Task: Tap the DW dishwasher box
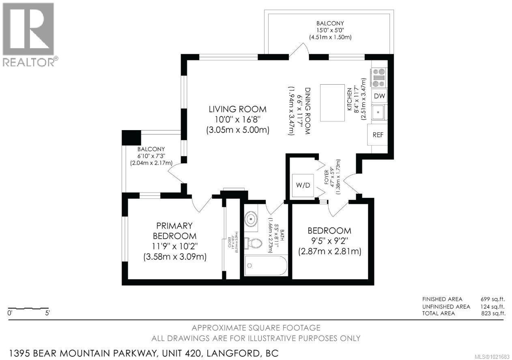coord(380,96)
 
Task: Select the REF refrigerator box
coord(378,135)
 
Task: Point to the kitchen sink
coord(379,112)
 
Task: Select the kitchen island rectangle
coord(334,102)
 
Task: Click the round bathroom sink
coord(251,219)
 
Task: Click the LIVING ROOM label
coord(237,109)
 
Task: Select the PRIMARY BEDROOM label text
coord(175,231)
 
